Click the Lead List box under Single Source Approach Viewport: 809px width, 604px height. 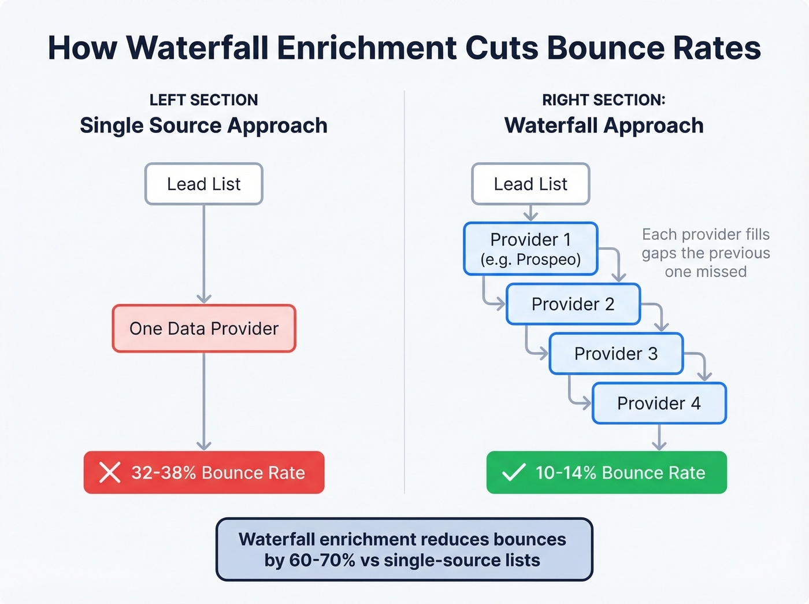tap(203, 184)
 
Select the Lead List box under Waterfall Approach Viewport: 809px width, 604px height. tap(530, 184)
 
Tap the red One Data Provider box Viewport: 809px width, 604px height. tap(203, 328)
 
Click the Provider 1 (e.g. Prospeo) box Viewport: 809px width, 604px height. tap(530, 249)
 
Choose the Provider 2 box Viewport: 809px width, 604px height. tap(573, 304)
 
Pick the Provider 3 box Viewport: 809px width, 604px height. tap(615, 354)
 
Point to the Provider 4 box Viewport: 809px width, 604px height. tap(659, 403)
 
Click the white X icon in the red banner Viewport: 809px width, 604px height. tap(110, 473)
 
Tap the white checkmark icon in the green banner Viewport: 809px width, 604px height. tap(513, 473)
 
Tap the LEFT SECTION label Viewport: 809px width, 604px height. tap(203, 100)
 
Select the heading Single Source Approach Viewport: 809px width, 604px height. tap(203, 125)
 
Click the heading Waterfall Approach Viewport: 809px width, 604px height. tap(604, 125)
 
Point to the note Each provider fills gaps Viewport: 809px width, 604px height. tap(706, 253)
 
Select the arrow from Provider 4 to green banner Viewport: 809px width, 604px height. tap(659, 438)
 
